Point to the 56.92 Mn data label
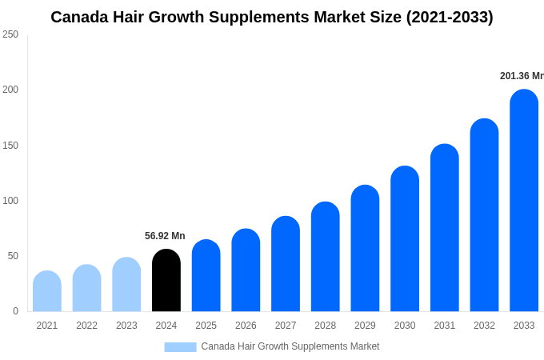(165, 236)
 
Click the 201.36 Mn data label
(522, 76)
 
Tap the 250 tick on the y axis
(10, 34)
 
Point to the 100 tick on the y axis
(10, 201)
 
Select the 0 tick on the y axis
(15, 311)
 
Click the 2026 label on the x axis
(246, 326)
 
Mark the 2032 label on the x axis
(484, 326)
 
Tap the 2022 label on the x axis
(86, 326)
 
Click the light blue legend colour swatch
(180, 347)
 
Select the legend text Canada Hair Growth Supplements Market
(290, 346)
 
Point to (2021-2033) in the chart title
(450, 17)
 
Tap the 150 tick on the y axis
(10, 146)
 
